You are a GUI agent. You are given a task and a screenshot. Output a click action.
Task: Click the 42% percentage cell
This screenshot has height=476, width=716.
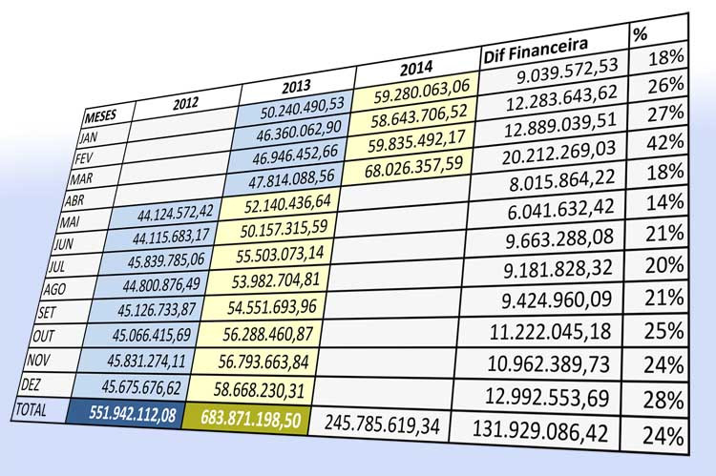coord(663,143)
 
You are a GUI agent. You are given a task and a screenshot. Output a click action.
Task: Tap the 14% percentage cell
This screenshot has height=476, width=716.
coord(664,202)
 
